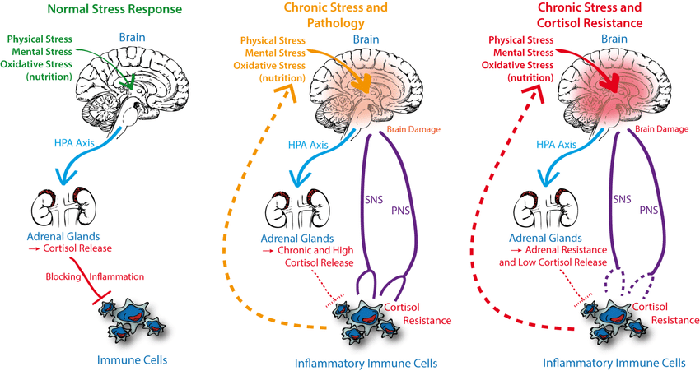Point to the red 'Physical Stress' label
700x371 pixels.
(518, 39)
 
